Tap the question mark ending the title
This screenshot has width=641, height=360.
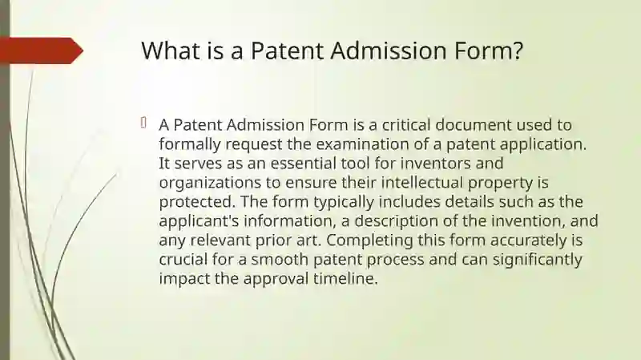[x=518, y=51]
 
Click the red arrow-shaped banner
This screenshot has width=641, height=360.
[x=42, y=51]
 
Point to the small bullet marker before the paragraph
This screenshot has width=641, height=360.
[x=143, y=123]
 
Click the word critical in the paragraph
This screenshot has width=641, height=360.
[x=405, y=125]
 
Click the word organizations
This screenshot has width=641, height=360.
[x=210, y=184]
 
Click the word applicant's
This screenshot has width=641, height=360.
[x=199, y=222]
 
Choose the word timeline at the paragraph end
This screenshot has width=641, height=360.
[x=345, y=279]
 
